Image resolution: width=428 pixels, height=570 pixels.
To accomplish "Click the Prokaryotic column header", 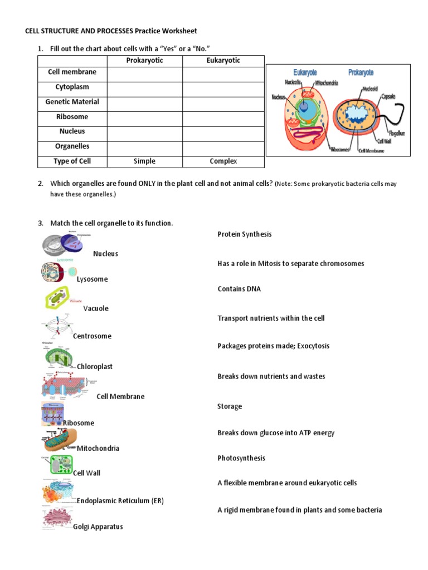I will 144,60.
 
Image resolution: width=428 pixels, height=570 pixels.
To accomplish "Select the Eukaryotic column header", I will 223,60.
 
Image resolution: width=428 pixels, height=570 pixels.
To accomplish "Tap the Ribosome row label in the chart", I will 72,117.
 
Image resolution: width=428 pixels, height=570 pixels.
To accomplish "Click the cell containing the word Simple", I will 144,161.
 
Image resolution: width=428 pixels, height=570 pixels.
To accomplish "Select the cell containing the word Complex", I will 223,161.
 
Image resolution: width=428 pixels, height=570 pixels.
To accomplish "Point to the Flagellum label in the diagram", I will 396,133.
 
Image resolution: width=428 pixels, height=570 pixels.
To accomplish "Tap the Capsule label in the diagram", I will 388,96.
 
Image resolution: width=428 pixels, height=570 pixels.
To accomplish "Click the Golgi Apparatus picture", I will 57,518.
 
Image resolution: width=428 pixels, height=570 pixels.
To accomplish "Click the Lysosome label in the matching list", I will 93,279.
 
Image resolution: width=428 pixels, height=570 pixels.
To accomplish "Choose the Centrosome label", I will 92,336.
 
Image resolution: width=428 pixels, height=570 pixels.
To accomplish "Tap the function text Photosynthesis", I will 241,458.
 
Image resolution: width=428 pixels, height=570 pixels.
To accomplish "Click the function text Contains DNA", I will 239,289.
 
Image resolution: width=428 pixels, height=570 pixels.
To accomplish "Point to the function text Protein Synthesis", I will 244,234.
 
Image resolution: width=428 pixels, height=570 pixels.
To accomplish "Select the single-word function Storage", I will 229,406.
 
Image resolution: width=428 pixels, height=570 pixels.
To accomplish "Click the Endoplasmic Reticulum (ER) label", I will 120,500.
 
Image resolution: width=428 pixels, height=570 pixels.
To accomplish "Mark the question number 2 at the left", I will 41,184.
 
